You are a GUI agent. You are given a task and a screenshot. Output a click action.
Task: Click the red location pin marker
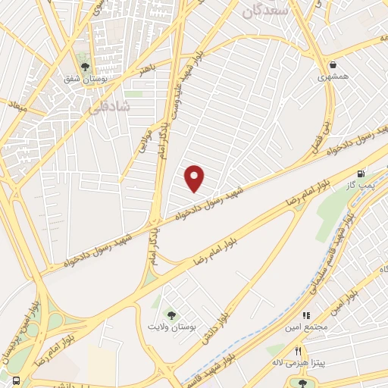point(195,178)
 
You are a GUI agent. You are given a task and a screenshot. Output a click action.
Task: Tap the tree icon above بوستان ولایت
point(173,314)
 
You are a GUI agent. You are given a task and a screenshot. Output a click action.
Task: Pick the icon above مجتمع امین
point(307,315)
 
